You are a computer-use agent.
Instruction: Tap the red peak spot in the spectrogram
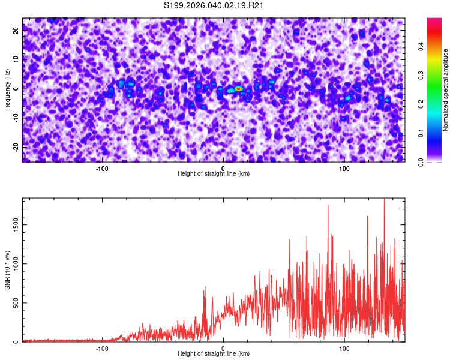[x=238, y=88]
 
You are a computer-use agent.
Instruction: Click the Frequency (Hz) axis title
[x=7, y=90]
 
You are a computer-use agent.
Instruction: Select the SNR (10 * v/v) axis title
[x=7, y=271]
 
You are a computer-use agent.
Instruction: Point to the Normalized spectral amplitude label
[x=446, y=90]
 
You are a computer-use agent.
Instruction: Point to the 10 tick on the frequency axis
[x=16, y=59]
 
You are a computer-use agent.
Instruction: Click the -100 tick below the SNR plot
[x=102, y=348]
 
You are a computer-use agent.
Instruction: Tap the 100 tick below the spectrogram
[x=344, y=168]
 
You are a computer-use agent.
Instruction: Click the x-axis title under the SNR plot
[x=214, y=354]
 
